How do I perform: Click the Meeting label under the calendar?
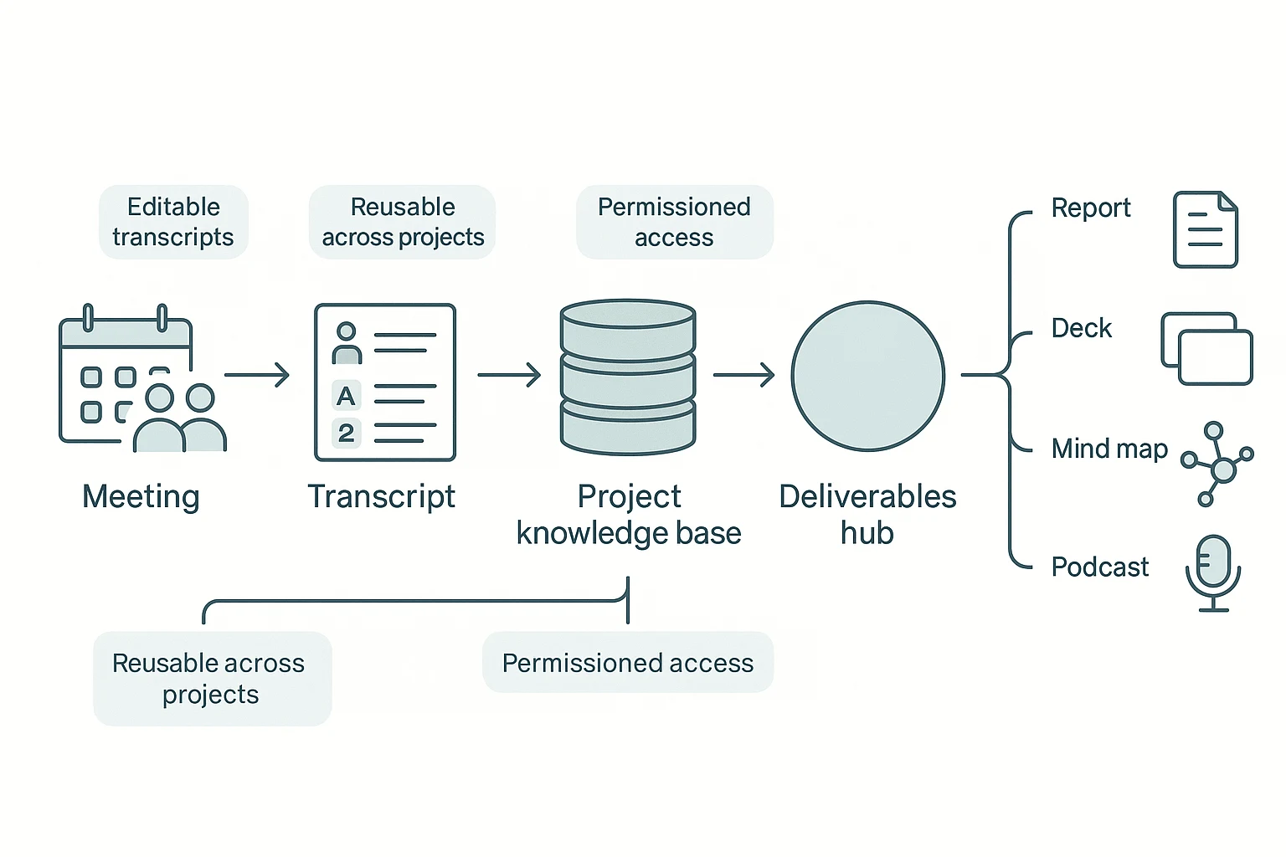tap(141, 496)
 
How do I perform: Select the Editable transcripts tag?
tap(173, 222)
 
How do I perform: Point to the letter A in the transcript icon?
tap(346, 396)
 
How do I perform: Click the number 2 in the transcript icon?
tap(346, 434)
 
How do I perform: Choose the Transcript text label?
tap(381, 496)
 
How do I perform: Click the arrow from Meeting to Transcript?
tap(256, 375)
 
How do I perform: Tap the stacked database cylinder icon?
tap(628, 377)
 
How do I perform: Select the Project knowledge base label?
tap(629, 515)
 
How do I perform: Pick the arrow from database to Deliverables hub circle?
tap(743, 375)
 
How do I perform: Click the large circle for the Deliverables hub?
tap(867, 377)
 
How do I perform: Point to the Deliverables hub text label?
tap(867, 515)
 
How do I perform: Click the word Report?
tap(1090, 208)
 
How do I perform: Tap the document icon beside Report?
tap(1205, 230)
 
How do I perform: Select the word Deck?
tap(1081, 328)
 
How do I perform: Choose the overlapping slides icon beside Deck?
tap(1206, 349)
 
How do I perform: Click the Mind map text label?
tap(1109, 449)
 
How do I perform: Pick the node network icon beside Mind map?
tap(1218, 464)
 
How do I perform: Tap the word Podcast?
tap(1099, 567)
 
